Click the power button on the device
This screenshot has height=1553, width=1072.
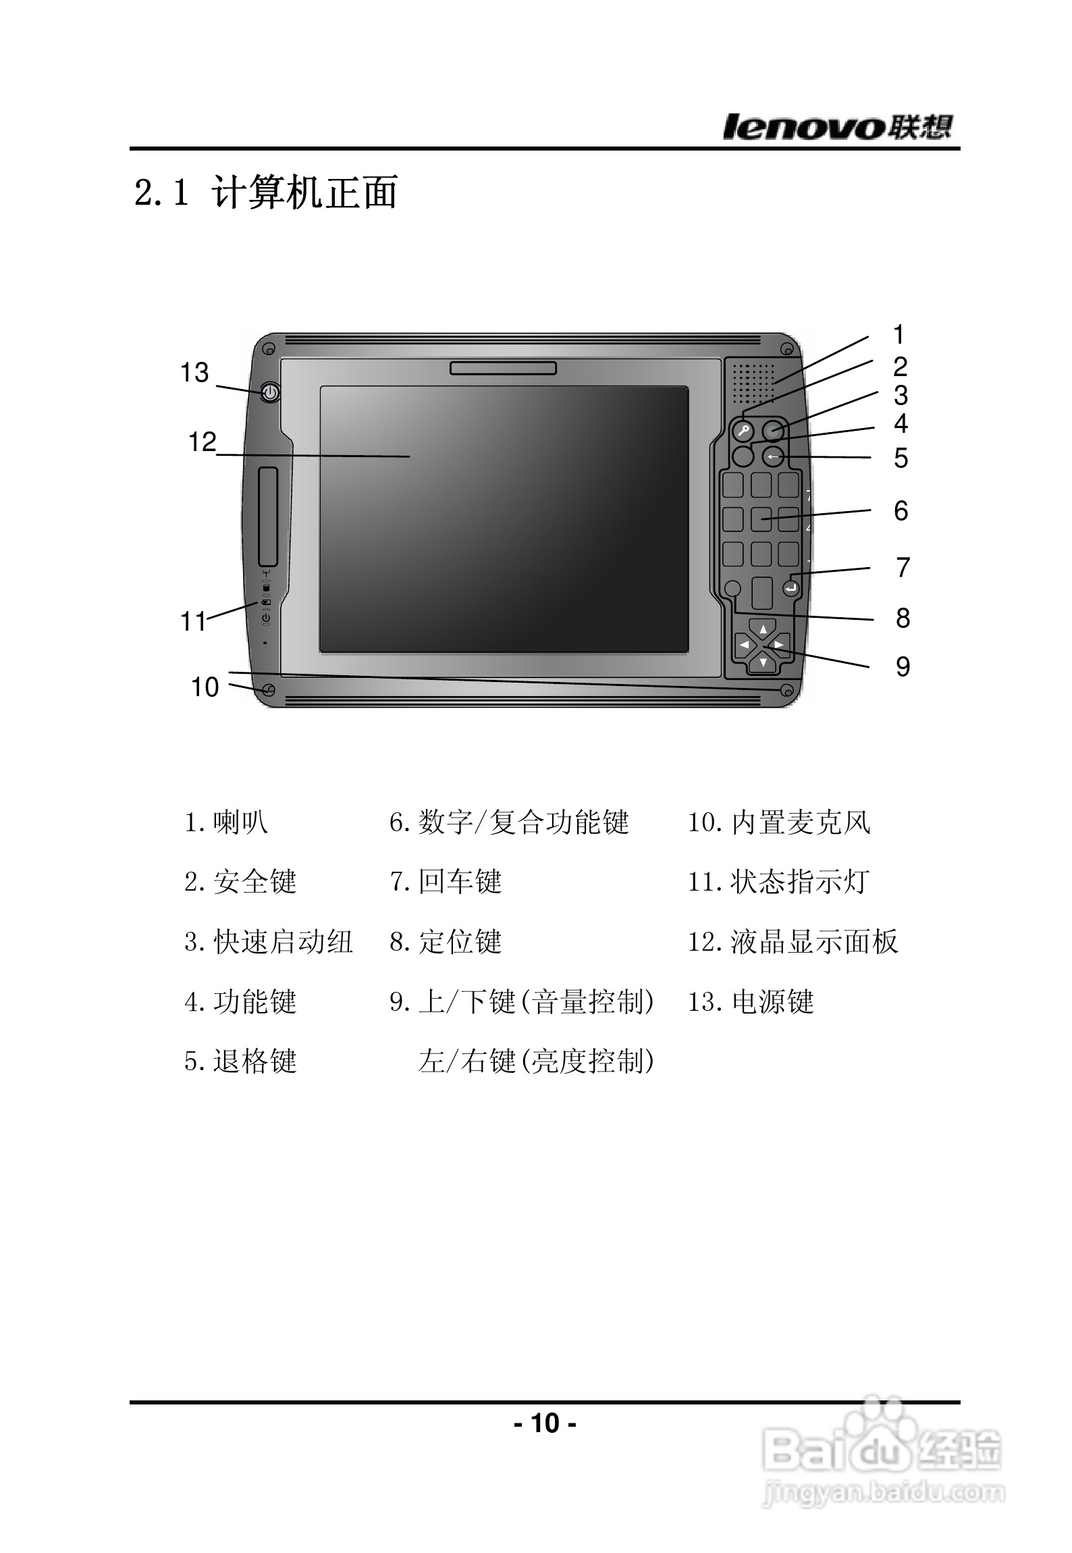point(270,392)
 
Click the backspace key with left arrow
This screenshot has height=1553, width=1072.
point(774,457)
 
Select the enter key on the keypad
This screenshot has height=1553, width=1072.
point(790,589)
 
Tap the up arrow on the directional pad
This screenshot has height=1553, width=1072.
point(763,629)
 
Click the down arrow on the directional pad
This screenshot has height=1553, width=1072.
point(763,662)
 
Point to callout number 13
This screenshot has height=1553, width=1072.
point(194,373)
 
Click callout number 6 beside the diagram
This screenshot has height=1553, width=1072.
point(901,511)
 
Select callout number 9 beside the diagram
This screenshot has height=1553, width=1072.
point(903,667)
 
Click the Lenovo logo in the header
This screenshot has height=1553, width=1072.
point(838,126)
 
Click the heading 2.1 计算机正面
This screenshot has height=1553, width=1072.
point(266,192)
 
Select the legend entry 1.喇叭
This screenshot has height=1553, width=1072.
point(226,822)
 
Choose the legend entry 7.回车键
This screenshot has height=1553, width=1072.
point(446,882)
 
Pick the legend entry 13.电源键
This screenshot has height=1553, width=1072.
point(751,1002)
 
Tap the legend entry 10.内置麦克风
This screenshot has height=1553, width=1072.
point(779,822)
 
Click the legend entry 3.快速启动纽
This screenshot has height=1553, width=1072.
point(268,942)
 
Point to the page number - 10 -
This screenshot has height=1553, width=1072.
point(545,1423)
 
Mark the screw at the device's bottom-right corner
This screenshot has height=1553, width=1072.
point(786,691)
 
